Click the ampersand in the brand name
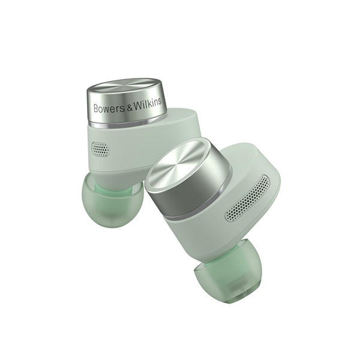coord(130,107)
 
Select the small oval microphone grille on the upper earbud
coord(100,149)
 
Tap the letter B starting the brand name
coord(96,109)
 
